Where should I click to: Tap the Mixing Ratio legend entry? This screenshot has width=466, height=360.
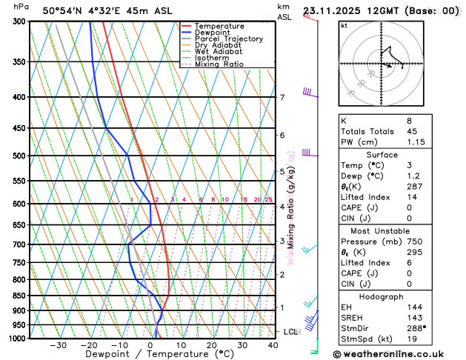click(x=219, y=64)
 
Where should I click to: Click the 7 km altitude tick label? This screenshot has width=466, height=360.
click(x=282, y=98)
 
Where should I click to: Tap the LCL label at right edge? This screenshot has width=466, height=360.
click(x=290, y=332)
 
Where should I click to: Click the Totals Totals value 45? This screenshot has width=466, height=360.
click(x=411, y=131)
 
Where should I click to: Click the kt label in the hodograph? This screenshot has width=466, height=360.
click(x=344, y=26)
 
